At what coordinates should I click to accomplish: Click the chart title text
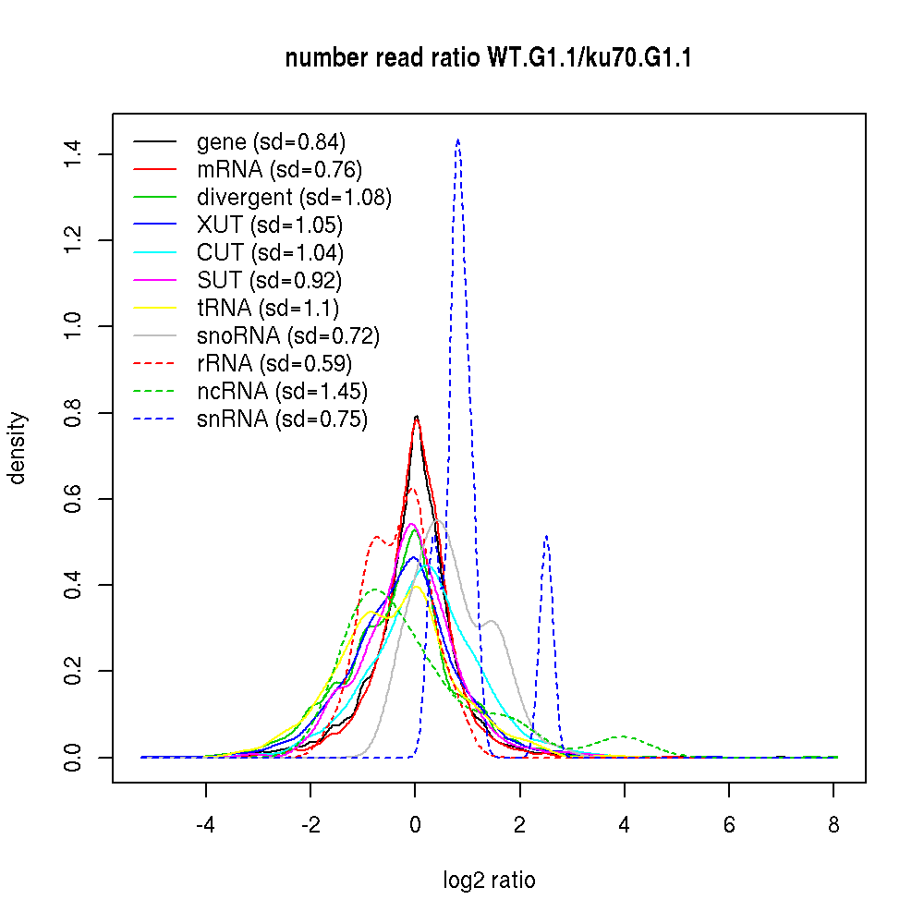[489, 59]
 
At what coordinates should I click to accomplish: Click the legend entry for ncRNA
[282, 392]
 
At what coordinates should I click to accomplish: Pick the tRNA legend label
[268, 309]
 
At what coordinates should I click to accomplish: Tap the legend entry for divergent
[294, 198]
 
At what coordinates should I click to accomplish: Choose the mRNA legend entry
[279, 170]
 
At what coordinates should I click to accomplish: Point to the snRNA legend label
[282, 419]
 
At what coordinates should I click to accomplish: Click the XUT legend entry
[269, 225]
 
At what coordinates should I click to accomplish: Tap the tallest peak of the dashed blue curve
[457, 140]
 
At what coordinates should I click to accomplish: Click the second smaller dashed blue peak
[547, 536]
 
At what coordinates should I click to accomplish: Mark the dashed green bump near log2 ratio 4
[624, 736]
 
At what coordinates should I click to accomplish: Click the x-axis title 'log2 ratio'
[489, 881]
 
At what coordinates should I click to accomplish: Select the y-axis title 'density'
[18, 448]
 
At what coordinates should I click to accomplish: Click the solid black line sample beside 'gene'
[155, 142]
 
